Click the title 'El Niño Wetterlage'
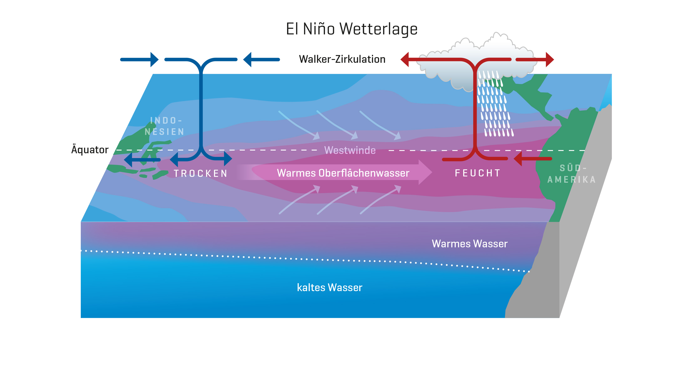(351, 29)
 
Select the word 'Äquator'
(90, 150)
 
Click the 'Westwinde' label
(350, 150)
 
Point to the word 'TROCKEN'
(200, 174)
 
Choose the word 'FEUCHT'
(477, 173)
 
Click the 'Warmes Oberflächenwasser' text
(343, 173)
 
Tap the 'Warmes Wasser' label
(469, 244)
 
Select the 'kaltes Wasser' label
(330, 288)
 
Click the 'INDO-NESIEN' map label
(164, 126)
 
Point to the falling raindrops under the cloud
(495, 107)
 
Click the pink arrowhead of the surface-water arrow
(425, 172)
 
